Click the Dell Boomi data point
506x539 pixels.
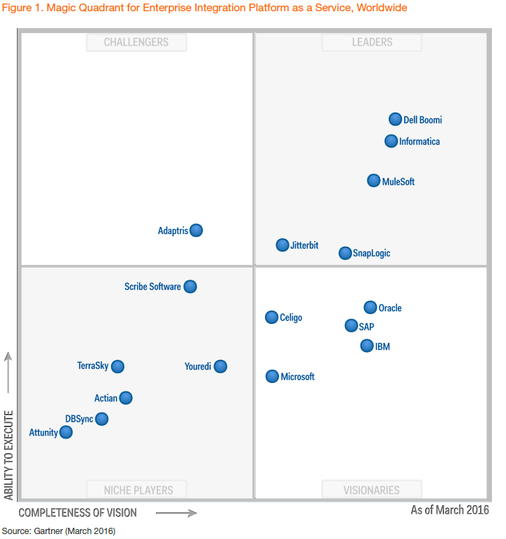pyautogui.click(x=396, y=119)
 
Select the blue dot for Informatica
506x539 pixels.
pyautogui.click(x=391, y=141)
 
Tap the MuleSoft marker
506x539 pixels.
pyautogui.click(x=374, y=181)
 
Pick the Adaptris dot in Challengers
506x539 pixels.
pyautogui.click(x=196, y=230)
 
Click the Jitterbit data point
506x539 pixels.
pyautogui.click(x=283, y=245)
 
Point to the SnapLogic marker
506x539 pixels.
pyautogui.click(x=345, y=253)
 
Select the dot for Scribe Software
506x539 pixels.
pyautogui.click(x=190, y=287)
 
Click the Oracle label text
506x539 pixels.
pyautogui.click(x=390, y=309)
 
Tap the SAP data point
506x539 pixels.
pyautogui.click(x=351, y=325)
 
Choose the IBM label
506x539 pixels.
pyautogui.click(x=382, y=347)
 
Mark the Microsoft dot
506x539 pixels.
pyautogui.click(x=272, y=377)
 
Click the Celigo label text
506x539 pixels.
pyautogui.click(x=291, y=318)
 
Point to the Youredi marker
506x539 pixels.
pyautogui.click(x=221, y=366)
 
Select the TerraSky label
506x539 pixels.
pyautogui.click(x=93, y=366)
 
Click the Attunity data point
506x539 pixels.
pyautogui.click(x=66, y=432)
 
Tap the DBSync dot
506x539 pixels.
pyautogui.click(x=102, y=419)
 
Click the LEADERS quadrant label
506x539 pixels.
pyautogui.click(x=372, y=42)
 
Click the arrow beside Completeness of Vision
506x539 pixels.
pyautogui.click(x=176, y=513)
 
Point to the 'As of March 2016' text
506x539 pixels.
pyautogui.click(x=450, y=510)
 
